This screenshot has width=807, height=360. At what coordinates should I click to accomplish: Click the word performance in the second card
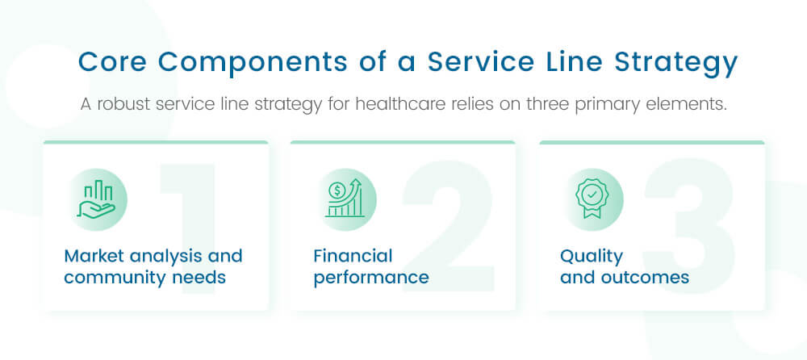coord(371,278)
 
